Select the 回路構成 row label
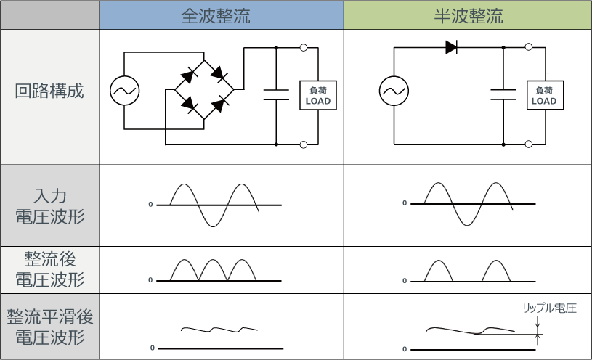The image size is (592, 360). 49,92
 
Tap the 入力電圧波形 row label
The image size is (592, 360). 49,205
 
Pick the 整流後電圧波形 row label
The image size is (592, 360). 49,269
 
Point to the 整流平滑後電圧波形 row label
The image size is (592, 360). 49,327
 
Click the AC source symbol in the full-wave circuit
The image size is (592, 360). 125,91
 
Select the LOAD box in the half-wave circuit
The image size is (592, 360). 544,95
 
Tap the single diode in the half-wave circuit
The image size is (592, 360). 451,48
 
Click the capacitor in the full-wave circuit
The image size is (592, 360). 277,94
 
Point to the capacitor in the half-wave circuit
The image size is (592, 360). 503,94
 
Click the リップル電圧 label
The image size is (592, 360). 549,308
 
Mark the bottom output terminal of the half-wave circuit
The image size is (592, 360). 529,144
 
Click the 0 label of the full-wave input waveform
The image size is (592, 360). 150,205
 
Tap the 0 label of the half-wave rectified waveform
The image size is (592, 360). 405,280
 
